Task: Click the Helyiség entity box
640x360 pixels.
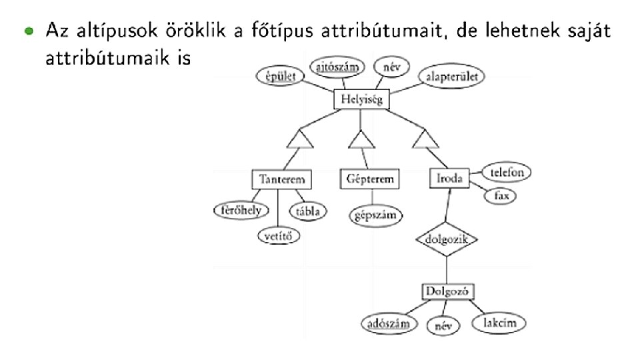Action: pos(361,101)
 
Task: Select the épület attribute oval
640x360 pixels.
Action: pos(277,77)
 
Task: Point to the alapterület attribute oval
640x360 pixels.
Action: pos(451,77)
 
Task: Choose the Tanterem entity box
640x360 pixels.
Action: pos(282,179)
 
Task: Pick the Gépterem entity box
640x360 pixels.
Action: pos(370,179)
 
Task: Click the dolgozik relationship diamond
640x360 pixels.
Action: pos(447,239)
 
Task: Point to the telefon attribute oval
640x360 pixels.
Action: pos(507,171)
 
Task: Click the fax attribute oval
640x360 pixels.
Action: pos(501,196)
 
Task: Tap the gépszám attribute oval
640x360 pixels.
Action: pos(376,215)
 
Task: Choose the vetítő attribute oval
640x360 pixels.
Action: pos(279,235)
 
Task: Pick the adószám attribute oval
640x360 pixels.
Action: pos(385,324)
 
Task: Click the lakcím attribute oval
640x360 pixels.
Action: pos(499,323)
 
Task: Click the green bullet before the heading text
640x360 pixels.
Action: pos(27,31)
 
